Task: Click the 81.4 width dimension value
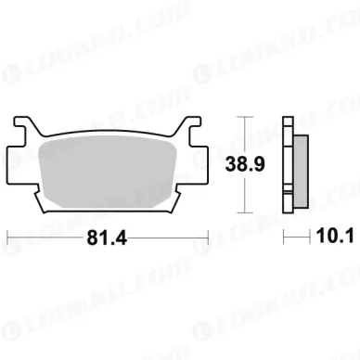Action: coord(107,238)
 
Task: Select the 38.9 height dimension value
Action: coord(245,164)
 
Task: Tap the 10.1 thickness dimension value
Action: coord(335,237)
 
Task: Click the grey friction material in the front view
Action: coord(108,173)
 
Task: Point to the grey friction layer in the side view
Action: coord(301,172)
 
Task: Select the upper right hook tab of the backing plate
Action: coord(189,125)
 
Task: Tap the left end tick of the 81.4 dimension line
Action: coord(7,238)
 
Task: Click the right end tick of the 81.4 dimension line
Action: coord(208,238)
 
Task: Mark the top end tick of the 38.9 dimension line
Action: coord(245,117)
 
